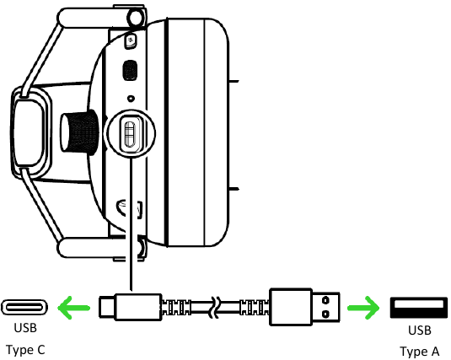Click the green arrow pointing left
74,308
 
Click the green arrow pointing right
363,308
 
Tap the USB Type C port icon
24,308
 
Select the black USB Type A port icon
419,308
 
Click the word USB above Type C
25,328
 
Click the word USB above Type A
420,330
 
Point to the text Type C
25,350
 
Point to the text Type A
420,352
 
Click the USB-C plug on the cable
131,307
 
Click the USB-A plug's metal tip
326,308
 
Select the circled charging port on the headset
131,133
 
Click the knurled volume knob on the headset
79,132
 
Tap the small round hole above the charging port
131,99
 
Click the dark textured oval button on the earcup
130,70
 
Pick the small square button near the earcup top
131,40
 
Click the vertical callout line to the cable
131,224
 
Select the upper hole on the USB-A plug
325,300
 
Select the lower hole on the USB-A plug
325,314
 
